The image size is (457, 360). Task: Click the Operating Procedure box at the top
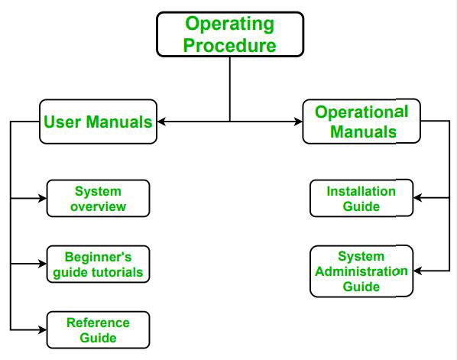pyautogui.click(x=229, y=34)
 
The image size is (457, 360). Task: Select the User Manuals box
pyautogui.click(x=98, y=122)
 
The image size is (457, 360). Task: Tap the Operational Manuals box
pyautogui.click(x=361, y=122)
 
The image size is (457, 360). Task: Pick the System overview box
pyautogui.click(x=98, y=199)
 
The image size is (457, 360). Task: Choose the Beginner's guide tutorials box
pyautogui.click(x=98, y=264)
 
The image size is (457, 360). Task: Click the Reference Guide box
pyautogui.click(x=98, y=329)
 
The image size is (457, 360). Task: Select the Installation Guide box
pyautogui.click(x=361, y=199)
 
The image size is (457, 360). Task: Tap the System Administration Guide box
pyautogui.click(x=361, y=271)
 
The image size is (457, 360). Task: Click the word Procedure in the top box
pyautogui.click(x=229, y=45)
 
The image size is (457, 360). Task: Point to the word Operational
pyautogui.click(x=361, y=112)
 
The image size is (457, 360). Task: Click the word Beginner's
pyautogui.click(x=98, y=257)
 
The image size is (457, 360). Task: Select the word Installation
pyautogui.click(x=361, y=191)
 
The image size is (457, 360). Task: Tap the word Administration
pyautogui.click(x=361, y=271)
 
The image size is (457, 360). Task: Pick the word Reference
pyautogui.click(x=98, y=323)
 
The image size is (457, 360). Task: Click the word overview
pyautogui.click(x=98, y=206)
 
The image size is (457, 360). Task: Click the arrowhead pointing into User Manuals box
pyautogui.click(x=162, y=122)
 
